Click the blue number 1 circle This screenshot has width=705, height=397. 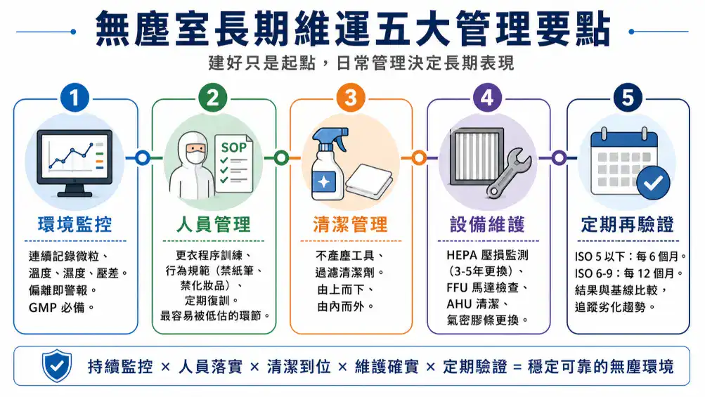point(75,98)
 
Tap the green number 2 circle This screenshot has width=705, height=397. point(213,98)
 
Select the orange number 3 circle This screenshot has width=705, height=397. point(350,98)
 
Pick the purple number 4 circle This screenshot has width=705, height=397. point(487,98)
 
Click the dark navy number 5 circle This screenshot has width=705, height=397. point(628,98)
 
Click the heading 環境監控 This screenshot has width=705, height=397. point(75,224)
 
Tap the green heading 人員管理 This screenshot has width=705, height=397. point(213,224)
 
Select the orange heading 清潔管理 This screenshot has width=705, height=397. point(350,224)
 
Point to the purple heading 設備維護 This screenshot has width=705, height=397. point(487,224)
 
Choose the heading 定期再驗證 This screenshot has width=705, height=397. point(628,224)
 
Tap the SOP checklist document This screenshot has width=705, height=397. point(234,164)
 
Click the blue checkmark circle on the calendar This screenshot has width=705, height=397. point(653,183)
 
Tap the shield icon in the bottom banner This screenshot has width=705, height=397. point(57,365)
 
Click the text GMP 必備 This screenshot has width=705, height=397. point(61,308)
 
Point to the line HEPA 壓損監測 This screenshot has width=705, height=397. point(487,255)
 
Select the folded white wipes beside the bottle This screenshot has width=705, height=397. point(369,182)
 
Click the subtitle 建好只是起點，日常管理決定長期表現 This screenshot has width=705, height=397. point(361,63)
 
